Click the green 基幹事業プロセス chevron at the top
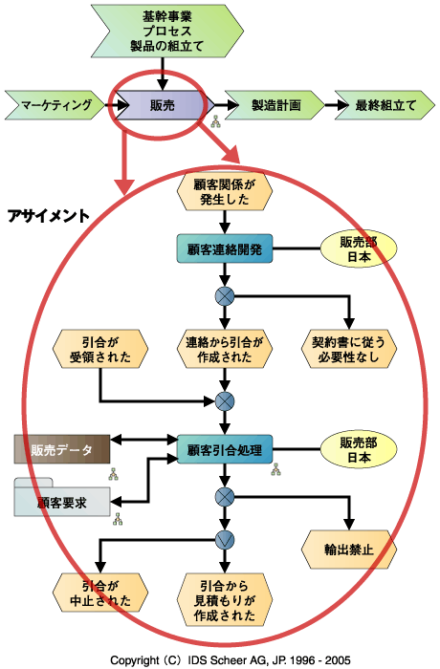click(167, 32)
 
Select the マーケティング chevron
click(55, 105)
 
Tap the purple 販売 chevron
click(163, 105)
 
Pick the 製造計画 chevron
click(275, 105)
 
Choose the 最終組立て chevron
click(385, 105)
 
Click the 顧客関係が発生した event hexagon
click(225, 191)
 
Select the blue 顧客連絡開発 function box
click(225, 248)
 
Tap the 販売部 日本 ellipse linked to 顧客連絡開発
click(359, 249)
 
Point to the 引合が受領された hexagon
click(100, 349)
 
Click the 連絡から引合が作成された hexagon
click(225, 349)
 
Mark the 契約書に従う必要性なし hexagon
click(349, 349)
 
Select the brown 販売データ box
click(62, 449)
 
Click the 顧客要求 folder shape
click(62, 498)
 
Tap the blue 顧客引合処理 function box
click(225, 449)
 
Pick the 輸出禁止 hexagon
click(349, 550)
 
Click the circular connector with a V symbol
click(225, 540)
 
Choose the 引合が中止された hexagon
click(100, 593)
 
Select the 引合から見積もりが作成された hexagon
click(225, 600)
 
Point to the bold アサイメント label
click(48, 216)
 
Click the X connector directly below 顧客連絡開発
click(225, 296)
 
